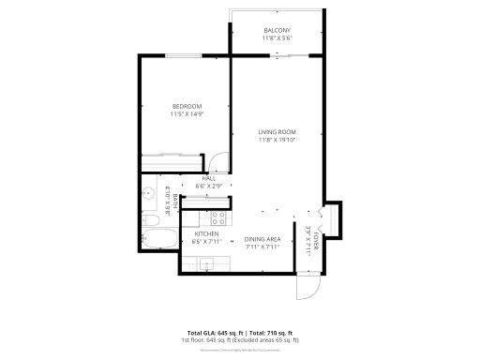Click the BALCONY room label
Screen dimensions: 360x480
[x=277, y=30]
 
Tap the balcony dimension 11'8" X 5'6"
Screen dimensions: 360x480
[x=277, y=38]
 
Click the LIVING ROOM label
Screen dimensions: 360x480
[x=277, y=132]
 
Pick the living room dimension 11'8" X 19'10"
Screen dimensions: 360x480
[x=277, y=141]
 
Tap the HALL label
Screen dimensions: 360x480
[x=209, y=178]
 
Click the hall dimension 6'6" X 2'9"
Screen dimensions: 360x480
[x=209, y=187]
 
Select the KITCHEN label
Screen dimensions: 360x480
[x=206, y=234]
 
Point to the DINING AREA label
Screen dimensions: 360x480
[x=262, y=239]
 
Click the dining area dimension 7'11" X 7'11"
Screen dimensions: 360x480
[x=262, y=247]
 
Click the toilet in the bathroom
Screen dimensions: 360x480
[x=151, y=221]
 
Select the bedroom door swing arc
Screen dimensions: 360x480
[x=217, y=161]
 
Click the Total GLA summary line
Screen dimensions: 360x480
[x=240, y=333]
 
